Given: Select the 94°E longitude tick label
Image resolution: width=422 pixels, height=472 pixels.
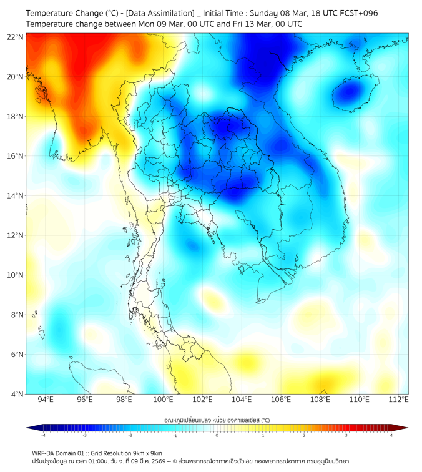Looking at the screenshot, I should tap(45, 400).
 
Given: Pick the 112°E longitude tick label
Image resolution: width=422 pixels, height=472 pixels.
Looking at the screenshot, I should tap(399, 400).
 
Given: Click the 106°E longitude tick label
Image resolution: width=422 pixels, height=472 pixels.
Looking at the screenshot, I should tap(281, 400).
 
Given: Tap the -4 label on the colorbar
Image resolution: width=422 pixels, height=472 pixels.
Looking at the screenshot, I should tap(43, 435).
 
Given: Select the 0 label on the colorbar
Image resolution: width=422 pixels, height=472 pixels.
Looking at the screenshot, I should tap(217, 435).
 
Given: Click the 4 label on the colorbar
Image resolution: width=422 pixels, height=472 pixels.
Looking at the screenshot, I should tap(391, 435).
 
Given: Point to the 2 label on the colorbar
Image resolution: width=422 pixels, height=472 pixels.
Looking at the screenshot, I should tap(304, 435).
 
